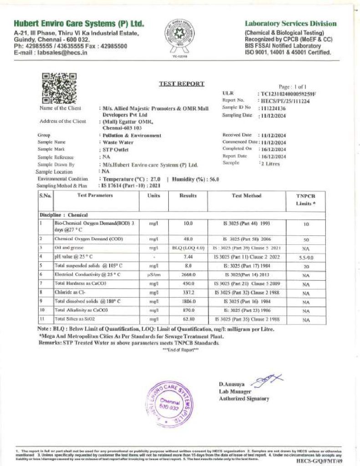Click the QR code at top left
pyautogui.click(x=59, y=88)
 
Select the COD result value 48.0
pyautogui.click(x=188, y=238)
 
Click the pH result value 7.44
pyautogui.click(x=188, y=257)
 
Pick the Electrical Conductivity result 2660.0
pyautogui.click(x=188, y=275)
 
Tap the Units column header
pyautogui.click(x=153, y=196)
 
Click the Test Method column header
pyautogui.click(x=246, y=196)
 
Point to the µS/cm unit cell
pyautogui.click(x=153, y=275)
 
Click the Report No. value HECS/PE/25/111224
pyautogui.click(x=285, y=101)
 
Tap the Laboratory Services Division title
pyautogui.click(x=291, y=24)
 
